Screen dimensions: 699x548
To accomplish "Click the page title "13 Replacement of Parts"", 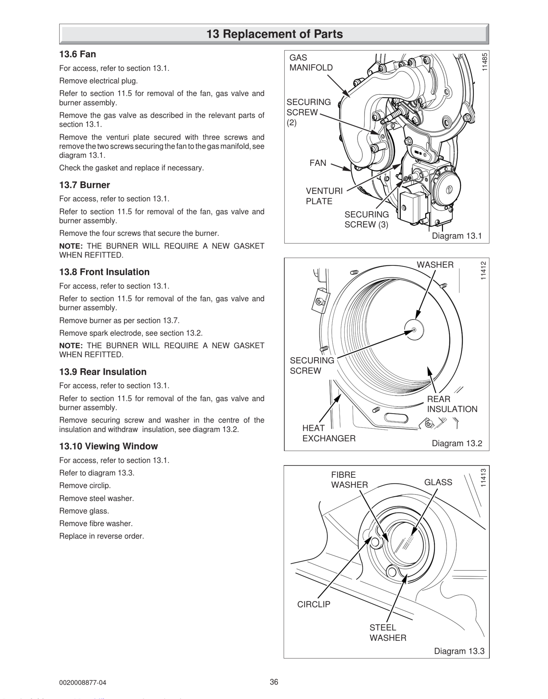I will coord(274,34).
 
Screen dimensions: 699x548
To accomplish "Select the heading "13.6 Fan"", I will coord(78,54).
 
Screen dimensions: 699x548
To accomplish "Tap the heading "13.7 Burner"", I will coord(85,185).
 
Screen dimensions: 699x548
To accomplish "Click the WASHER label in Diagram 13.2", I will coord(435,265).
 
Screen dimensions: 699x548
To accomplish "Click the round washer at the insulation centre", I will coord(414,329).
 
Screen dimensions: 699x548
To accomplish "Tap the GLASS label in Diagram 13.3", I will coord(438,482).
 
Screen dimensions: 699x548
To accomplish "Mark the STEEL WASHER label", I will coord(388,633).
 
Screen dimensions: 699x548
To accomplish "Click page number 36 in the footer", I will coord(274,682).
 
